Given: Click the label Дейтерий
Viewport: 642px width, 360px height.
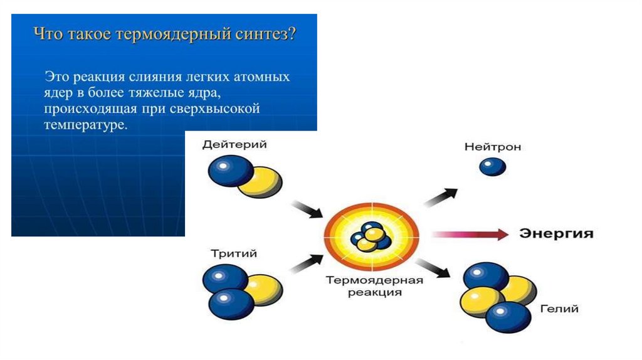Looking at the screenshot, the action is click(x=234, y=144).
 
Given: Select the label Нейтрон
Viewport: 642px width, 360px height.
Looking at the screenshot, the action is click(x=492, y=147).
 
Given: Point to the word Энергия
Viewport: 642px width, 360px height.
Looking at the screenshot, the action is click(x=556, y=234).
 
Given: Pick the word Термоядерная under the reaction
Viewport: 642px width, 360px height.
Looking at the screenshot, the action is click(x=375, y=280).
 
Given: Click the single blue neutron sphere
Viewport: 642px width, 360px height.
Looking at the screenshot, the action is click(x=492, y=166).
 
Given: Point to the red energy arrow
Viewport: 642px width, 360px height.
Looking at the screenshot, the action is click(x=470, y=235).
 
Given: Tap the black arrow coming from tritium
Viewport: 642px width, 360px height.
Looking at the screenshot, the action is click(x=306, y=260).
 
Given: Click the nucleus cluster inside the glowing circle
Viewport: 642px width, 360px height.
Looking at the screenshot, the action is click(x=370, y=239).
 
